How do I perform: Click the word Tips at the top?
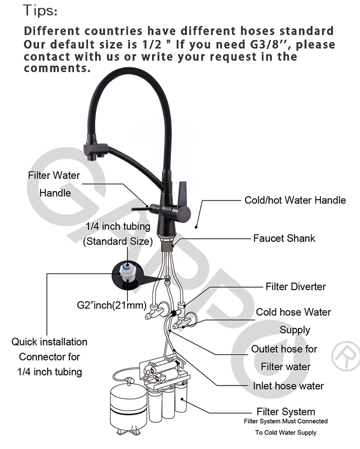(40, 9)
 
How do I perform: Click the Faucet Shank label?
(284, 238)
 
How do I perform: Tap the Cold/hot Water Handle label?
(294, 200)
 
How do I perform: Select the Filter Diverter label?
(295, 286)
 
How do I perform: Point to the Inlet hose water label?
(288, 385)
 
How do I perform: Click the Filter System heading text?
(285, 412)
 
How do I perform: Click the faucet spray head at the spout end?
(95, 150)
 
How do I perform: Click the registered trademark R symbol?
(345, 355)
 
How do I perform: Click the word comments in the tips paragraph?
(57, 68)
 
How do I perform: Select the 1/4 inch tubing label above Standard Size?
(118, 226)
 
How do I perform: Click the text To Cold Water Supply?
(285, 432)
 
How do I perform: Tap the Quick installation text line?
(49, 342)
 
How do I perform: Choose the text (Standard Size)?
(117, 241)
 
